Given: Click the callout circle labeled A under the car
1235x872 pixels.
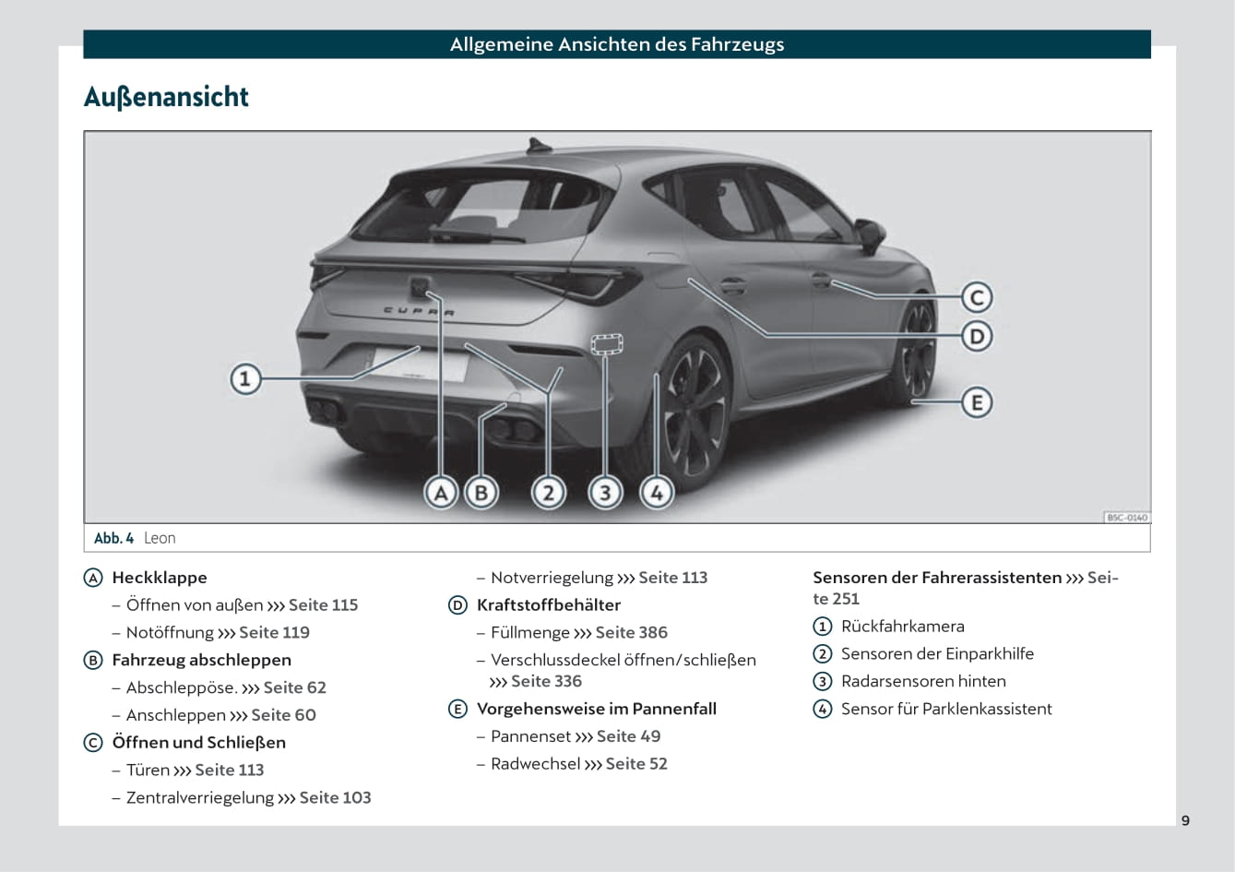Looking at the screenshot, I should pos(441,493).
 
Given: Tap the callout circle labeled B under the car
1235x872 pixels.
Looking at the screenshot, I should pos(481,493).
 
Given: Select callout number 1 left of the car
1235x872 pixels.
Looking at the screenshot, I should pos(245,378).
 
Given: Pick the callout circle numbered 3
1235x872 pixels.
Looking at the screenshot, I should pos(605,493).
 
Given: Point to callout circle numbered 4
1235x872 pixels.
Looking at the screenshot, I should pos(657,493).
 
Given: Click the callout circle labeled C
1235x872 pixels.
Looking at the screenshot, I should pos(977,297).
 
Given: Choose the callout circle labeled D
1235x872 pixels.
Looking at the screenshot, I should pos(977,336).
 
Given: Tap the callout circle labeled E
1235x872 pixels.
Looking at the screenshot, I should pos(977,403).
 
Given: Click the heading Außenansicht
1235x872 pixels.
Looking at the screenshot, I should pos(166,97).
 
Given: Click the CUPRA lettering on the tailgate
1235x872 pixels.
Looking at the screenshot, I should pos(419,312).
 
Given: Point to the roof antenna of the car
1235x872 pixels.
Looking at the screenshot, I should pos(536,145).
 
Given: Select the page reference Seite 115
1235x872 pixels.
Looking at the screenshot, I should pos(323,605).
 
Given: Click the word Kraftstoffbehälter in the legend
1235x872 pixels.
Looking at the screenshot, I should pos(548,605).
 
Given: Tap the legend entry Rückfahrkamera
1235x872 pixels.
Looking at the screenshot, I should pos(902,627).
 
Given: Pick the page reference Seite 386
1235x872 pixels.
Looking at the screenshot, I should pos(631,633).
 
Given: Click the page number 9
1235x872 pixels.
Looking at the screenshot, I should pos(1185,820).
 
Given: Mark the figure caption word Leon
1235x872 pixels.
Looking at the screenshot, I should pos(160,538).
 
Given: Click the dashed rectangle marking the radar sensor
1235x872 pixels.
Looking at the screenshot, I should pos(606,344).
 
